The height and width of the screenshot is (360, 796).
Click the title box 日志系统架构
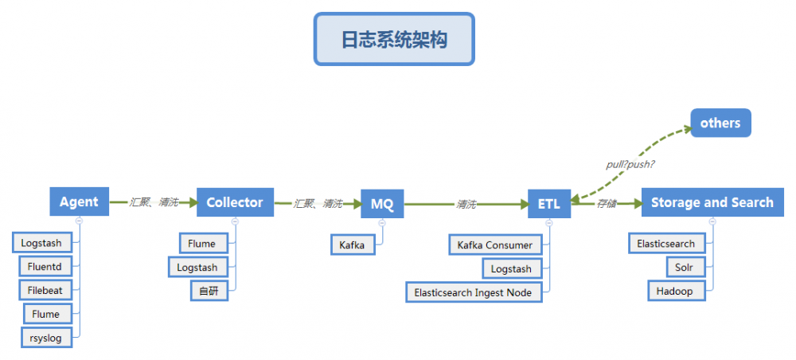394,38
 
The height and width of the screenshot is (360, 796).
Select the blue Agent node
79,202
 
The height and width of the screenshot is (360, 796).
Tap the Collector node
235,202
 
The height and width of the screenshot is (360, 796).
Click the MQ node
382,204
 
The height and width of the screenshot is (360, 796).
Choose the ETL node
549,204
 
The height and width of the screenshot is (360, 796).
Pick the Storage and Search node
712,202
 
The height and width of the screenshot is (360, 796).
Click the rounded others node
720,123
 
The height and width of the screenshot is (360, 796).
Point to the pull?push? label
630,165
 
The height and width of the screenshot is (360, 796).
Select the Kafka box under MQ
352,245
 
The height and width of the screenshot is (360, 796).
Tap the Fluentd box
46,267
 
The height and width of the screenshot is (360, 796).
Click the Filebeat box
46,291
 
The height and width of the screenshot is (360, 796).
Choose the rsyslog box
47,338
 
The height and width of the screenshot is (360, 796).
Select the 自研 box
209,291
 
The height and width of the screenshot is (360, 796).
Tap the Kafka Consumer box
495,245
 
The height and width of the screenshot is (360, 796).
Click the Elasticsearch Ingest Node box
473,292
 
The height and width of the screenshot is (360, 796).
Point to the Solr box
685,267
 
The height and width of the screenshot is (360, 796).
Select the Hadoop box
675,291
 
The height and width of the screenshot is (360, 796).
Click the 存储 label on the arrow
607,204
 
